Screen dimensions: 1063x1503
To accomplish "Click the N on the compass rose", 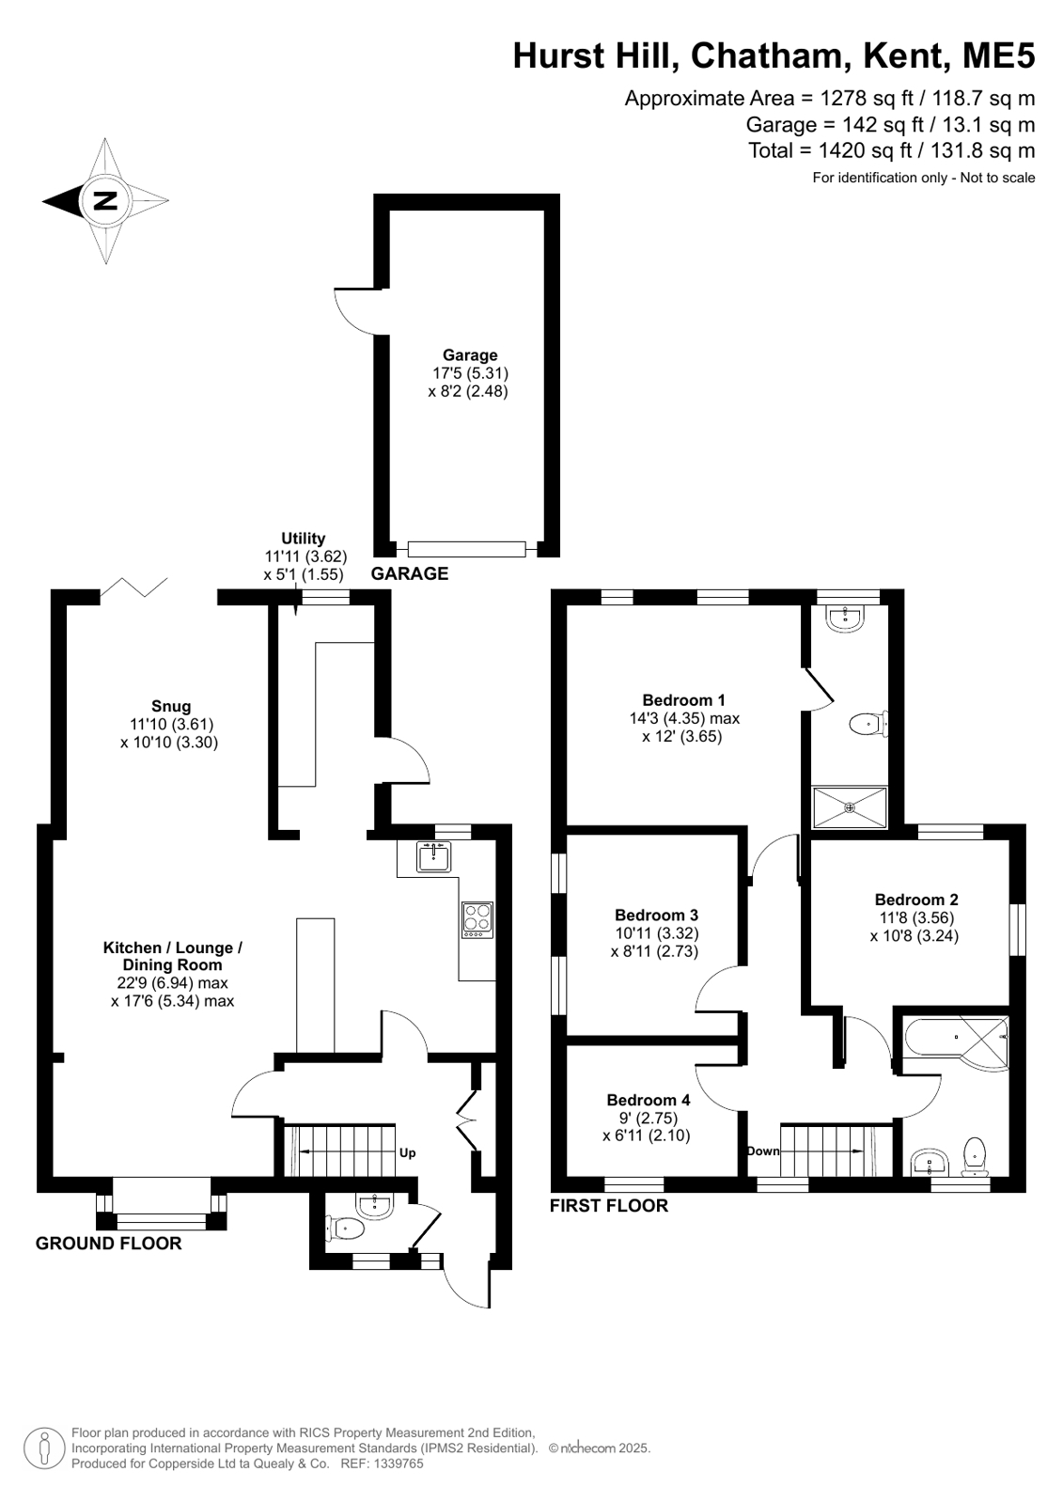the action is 105,200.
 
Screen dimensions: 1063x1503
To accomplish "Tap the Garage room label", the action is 470,355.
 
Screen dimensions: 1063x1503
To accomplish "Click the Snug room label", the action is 171,706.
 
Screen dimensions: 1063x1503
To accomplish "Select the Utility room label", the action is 304,538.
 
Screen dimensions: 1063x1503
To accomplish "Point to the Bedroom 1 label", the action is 684,700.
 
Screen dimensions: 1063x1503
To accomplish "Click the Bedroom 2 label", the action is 916,900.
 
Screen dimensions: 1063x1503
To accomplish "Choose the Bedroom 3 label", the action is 656,916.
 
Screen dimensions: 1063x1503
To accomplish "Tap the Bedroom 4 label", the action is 649,1101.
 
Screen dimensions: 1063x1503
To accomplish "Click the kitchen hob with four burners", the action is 477,920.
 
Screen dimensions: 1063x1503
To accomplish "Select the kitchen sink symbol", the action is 433,857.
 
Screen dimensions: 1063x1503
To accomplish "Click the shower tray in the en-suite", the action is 850,807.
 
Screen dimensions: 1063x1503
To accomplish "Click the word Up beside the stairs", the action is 407,1153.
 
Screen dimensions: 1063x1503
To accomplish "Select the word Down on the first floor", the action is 764,1151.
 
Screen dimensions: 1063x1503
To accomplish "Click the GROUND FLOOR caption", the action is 109,1244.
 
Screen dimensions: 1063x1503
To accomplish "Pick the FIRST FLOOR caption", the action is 609,1206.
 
